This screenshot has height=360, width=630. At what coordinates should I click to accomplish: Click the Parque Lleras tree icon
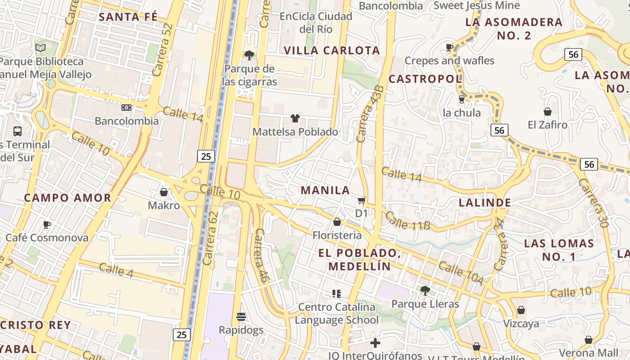[425, 290]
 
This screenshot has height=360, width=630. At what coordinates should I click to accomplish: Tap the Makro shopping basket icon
[164, 192]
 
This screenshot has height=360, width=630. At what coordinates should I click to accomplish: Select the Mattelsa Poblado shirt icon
[295, 118]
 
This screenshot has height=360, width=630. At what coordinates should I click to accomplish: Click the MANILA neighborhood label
[325, 190]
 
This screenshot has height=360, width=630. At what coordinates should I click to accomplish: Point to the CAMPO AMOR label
[67, 198]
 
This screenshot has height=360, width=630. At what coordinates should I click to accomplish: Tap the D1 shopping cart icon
[361, 200]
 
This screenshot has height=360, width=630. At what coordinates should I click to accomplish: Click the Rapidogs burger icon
[241, 316]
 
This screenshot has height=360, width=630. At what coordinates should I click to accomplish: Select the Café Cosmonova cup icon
[47, 224]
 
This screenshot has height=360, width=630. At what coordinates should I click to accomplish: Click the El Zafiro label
[548, 125]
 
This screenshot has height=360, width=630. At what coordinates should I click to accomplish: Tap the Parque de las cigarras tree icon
[249, 55]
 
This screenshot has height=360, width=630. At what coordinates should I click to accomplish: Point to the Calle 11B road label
[408, 220]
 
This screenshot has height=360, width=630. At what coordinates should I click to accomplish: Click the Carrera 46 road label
[261, 256]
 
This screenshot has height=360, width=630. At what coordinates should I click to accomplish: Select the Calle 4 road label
[116, 270]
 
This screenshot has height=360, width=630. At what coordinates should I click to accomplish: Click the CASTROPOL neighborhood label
[425, 79]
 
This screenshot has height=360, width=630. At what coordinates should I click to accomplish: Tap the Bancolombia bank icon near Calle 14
[126, 108]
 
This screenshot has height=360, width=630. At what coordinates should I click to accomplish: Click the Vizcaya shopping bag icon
[521, 310]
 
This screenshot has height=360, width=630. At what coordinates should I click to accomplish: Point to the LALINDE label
[485, 202]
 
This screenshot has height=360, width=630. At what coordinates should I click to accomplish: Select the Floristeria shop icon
[337, 222]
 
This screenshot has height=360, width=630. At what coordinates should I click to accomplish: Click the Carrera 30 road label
[596, 203]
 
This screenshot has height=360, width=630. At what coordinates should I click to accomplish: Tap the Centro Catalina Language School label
[337, 314]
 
